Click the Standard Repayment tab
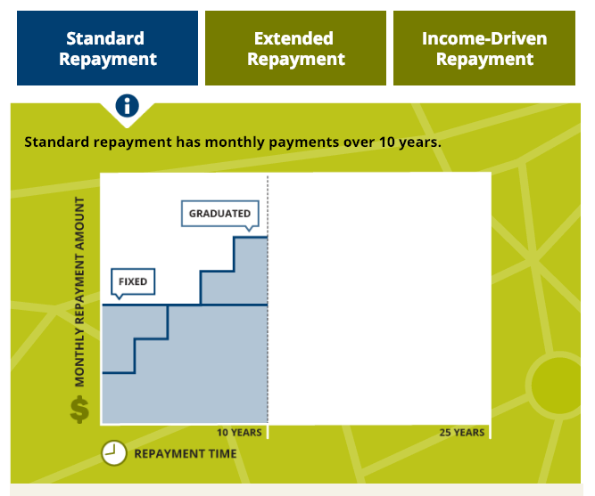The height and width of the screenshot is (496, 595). (107, 48)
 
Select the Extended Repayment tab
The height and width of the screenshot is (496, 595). (295, 48)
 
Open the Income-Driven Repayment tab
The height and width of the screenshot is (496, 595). (484, 48)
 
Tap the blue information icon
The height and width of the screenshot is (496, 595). (128, 105)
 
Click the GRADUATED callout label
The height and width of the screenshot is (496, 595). (220, 214)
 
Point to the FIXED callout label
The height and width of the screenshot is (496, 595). (133, 281)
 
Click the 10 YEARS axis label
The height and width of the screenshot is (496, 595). (239, 433)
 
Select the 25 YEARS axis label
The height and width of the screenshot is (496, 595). (462, 433)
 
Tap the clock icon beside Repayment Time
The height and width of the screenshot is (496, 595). (114, 452)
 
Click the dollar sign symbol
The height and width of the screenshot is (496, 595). (79, 410)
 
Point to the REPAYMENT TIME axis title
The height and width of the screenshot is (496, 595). (186, 453)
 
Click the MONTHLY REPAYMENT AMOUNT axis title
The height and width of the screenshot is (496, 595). (79, 292)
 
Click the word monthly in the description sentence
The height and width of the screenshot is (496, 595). (235, 142)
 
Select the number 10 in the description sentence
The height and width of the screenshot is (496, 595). (387, 142)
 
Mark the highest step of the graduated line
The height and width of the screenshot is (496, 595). (251, 237)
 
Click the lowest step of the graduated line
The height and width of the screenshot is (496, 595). (119, 373)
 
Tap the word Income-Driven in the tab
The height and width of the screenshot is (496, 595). (484, 38)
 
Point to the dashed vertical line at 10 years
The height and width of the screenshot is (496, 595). (268, 299)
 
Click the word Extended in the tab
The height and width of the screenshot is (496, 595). (293, 38)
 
